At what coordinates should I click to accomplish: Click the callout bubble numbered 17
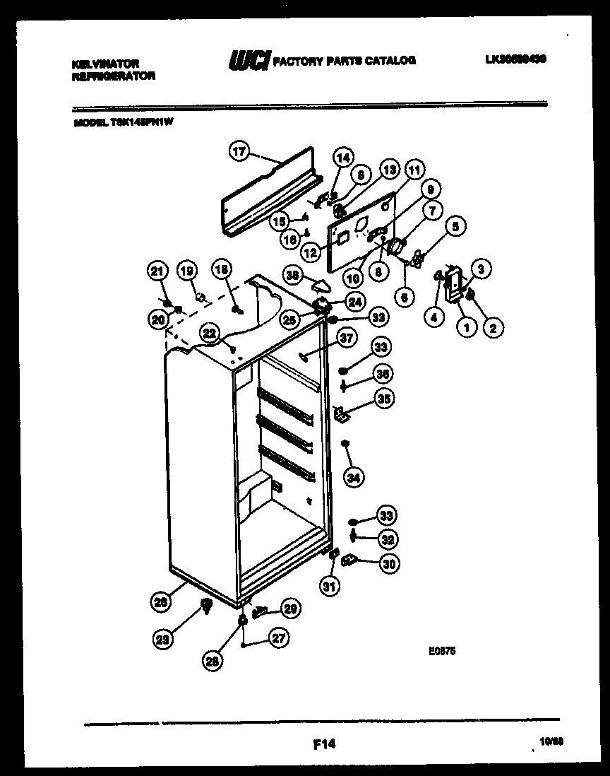click(x=240, y=151)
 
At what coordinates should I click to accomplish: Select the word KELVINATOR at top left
click(x=105, y=63)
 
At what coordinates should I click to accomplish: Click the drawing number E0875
click(x=441, y=653)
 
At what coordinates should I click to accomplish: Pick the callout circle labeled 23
click(x=163, y=640)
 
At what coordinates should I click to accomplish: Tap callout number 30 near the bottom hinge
click(x=388, y=563)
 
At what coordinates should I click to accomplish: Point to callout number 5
click(x=455, y=228)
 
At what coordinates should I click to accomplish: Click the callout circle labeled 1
click(x=465, y=327)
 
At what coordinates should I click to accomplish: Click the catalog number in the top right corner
click(x=515, y=61)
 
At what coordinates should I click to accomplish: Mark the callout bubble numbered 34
click(x=354, y=478)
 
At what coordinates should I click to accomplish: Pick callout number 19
click(x=186, y=271)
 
